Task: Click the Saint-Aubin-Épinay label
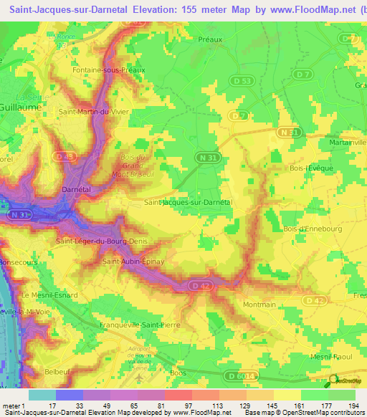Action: pos(133,262)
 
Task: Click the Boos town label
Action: pos(178,373)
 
